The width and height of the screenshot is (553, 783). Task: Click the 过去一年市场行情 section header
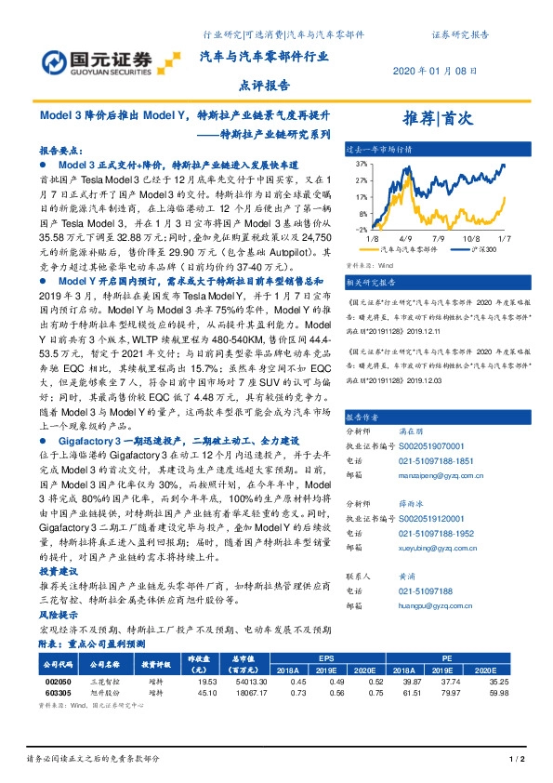[377, 148]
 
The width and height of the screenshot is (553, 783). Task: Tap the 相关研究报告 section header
[372, 281]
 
